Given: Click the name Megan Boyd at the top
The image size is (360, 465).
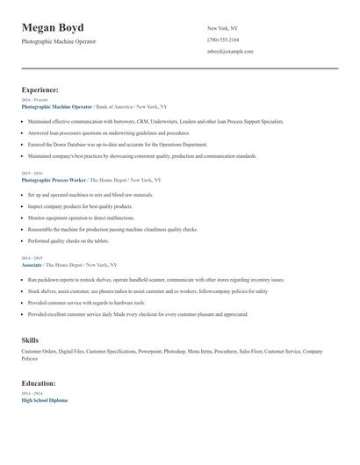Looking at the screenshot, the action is [x=53, y=28].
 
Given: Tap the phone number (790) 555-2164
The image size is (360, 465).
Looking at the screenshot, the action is [x=223, y=40].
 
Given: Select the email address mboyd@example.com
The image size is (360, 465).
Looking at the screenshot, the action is [x=230, y=52].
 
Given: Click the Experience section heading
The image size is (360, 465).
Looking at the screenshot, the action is [x=40, y=89].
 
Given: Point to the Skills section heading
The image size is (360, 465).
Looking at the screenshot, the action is [x=31, y=339].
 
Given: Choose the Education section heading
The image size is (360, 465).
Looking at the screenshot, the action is [x=39, y=383].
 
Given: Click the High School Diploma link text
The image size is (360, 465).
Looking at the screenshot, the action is [x=44, y=400].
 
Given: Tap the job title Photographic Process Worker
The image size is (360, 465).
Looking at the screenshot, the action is [x=54, y=179].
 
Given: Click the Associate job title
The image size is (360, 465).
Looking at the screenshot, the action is [x=32, y=264].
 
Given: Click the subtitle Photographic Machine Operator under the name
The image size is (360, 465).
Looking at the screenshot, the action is [x=58, y=41].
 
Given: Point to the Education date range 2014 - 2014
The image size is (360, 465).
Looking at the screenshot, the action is [x=31, y=394].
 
